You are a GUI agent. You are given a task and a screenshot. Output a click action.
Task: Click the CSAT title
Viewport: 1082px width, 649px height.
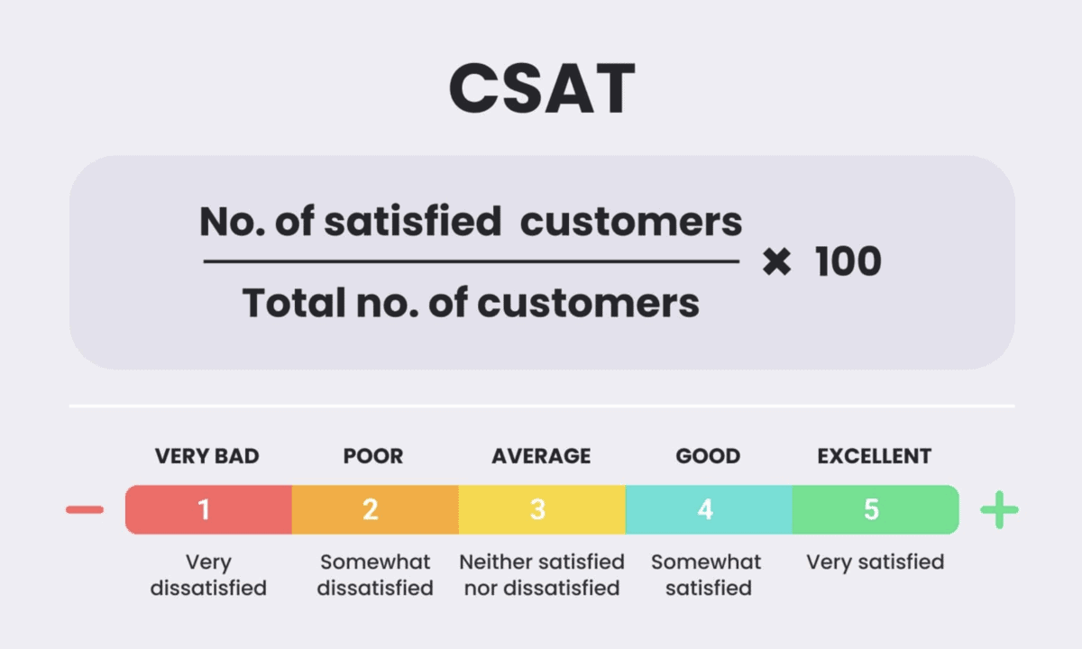(541, 89)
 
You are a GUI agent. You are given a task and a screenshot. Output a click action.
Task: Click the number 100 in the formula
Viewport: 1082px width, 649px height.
(848, 262)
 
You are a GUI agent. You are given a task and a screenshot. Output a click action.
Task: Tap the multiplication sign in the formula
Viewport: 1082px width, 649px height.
(776, 262)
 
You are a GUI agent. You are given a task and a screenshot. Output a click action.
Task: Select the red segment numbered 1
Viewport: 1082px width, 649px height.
(208, 509)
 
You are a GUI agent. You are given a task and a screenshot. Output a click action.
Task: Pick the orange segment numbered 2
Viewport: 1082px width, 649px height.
(375, 509)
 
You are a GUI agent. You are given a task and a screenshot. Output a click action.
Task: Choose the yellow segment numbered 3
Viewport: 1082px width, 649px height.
(542, 509)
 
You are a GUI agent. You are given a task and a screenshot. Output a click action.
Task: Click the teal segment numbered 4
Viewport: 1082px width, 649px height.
(709, 509)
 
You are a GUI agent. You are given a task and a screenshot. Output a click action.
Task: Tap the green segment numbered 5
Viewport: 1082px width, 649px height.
(875, 509)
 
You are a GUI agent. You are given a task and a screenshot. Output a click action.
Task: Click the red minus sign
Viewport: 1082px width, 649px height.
(85, 510)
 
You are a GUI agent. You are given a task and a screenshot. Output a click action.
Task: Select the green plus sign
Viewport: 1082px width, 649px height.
(999, 510)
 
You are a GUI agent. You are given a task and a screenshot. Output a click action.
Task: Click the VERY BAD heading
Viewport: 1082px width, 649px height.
(206, 456)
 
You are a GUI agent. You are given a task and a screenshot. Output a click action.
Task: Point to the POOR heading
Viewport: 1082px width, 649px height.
(372, 456)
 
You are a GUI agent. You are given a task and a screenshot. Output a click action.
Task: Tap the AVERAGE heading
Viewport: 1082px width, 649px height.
(541, 456)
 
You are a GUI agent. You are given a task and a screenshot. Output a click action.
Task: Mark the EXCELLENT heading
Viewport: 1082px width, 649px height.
(874, 456)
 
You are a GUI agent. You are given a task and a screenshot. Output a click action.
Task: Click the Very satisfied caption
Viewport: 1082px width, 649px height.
(875, 562)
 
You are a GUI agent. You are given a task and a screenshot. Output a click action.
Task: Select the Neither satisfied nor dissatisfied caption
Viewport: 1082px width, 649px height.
(541, 575)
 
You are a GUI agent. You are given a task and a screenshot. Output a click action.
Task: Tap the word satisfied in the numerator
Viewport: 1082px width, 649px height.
(411, 221)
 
